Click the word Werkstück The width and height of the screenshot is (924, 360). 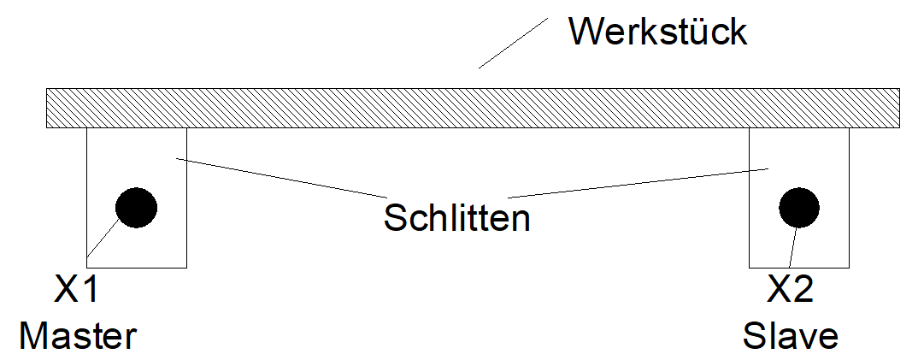tap(657, 32)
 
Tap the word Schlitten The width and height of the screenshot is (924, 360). tap(457, 217)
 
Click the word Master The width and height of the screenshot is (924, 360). tap(78, 335)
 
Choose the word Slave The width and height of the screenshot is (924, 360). tap(790, 335)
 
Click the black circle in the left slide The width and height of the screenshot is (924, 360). tap(136, 207)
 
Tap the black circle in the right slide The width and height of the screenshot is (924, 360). tap(799, 206)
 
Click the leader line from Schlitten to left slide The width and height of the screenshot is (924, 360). tap(274, 173)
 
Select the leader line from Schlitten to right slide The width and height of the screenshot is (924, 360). tap(641, 180)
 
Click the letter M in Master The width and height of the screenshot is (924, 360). tap(36, 335)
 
